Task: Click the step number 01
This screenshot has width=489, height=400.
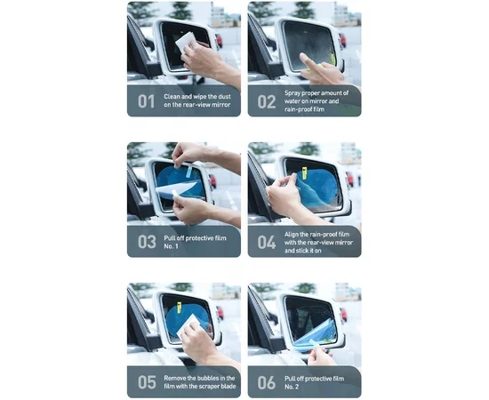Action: (x=145, y=100)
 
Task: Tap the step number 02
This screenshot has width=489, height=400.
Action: (x=266, y=100)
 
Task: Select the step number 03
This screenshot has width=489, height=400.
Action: (x=146, y=242)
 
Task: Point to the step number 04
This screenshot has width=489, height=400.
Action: (x=267, y=242)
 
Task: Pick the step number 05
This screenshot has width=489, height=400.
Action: (x=146, y=382)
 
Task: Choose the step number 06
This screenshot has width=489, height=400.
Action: (x=267, y=382)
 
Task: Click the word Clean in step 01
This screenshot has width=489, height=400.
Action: (x=173, y=96)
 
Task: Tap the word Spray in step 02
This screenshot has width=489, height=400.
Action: (x=294, y=92)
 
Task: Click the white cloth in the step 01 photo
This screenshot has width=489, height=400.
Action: (x=185, y=41)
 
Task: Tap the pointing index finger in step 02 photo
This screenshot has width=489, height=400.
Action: (x=307, y=60)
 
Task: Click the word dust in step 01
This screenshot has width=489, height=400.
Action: (x=228, y=96)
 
